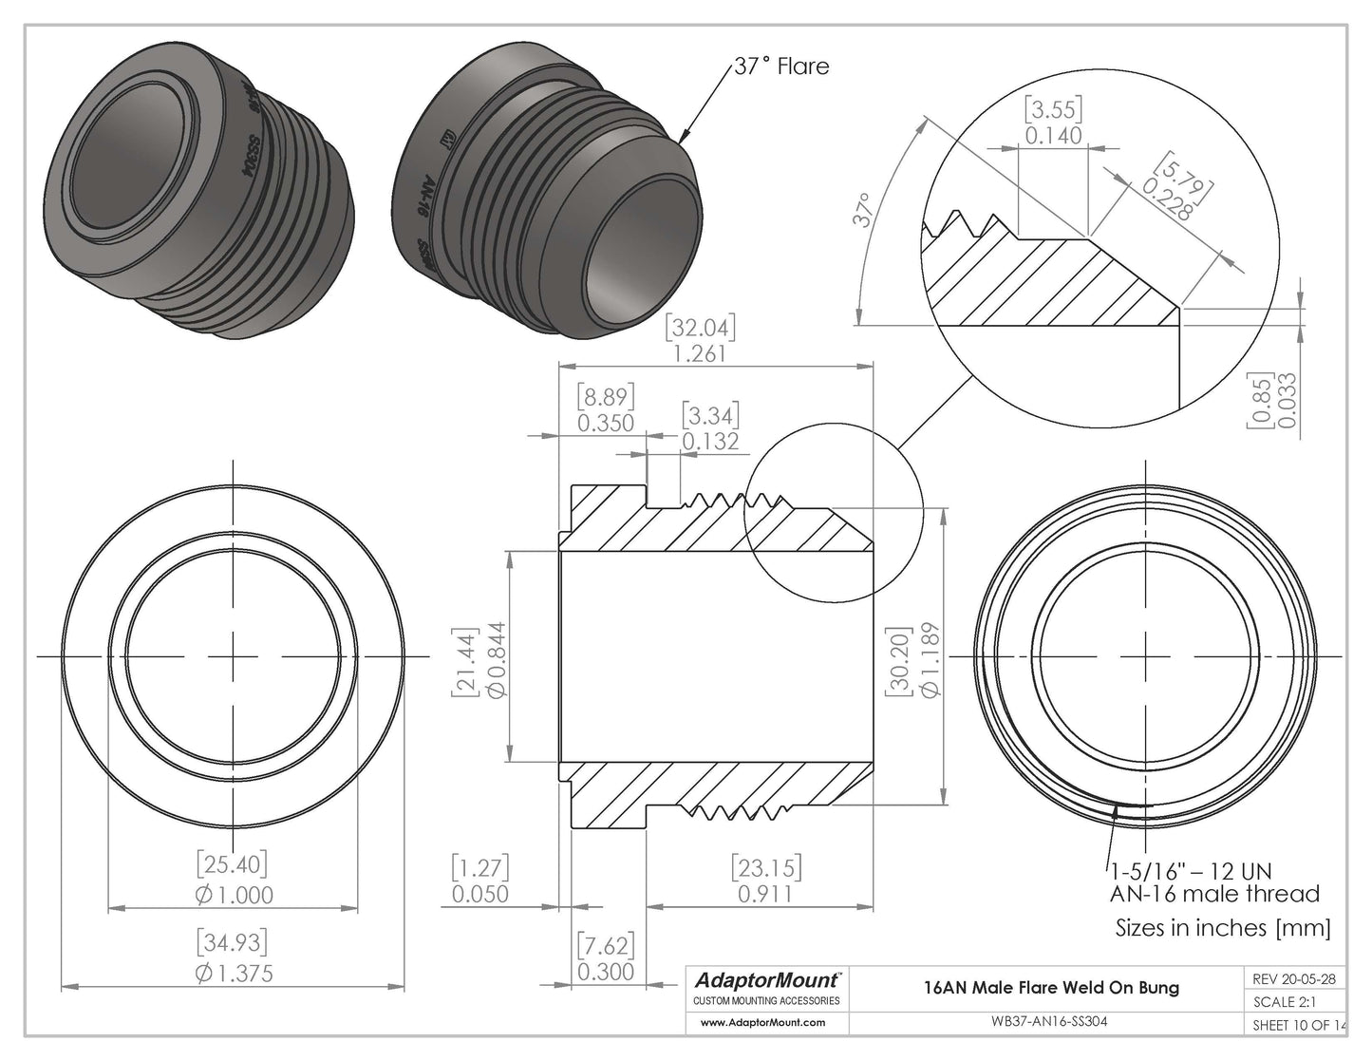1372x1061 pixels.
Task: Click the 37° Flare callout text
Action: [781, 66]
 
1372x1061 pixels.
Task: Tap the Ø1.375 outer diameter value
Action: [233, 974]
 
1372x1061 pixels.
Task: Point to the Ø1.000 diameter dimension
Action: [233, 895]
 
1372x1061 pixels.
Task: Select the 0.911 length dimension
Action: [765, 894]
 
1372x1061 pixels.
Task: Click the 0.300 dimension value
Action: [606, 973]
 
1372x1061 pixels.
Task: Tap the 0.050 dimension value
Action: [479, 894]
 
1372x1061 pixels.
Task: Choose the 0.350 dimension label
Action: [606, 423]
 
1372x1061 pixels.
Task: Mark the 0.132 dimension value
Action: [710, 442]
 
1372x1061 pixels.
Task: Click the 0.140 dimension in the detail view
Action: [1053, 136]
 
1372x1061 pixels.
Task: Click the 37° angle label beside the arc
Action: [863, 211]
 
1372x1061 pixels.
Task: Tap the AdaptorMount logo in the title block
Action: [767, 979]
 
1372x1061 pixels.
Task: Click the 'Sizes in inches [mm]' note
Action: [1223, 927]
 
